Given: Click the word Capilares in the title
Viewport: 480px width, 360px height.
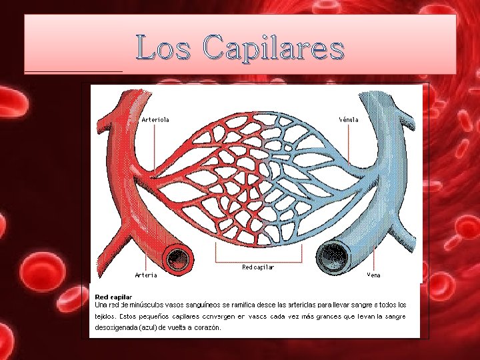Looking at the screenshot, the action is click(274, 49).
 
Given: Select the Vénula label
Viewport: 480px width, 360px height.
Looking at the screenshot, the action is click(349, 120).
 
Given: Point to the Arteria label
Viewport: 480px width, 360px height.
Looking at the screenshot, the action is click(146, 275).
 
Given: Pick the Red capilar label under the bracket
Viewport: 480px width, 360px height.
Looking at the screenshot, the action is click(258, 267).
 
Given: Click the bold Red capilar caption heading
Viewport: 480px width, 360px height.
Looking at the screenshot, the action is click(113, 296).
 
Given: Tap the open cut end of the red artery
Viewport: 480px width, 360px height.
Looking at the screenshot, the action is click(177, 257).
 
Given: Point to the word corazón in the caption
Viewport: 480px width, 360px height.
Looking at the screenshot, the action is click(207, 328).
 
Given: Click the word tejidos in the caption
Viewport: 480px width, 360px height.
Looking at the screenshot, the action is click(105, 316).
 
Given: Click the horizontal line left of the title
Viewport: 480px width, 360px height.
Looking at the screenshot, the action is click(73, 71).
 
